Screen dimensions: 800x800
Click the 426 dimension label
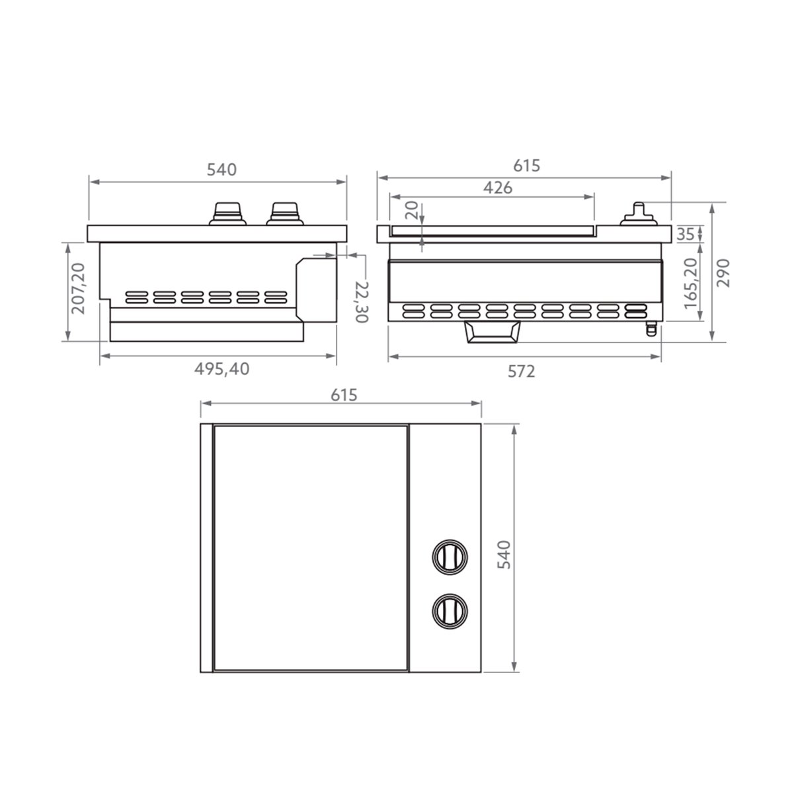click(497, 188)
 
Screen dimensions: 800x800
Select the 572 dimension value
click(522, 372)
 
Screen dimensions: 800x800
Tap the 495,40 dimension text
click(221, 369)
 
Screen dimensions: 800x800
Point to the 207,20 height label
click(77, 288)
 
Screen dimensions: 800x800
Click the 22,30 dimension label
click(362, 301)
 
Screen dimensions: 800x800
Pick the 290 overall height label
click(723, 273)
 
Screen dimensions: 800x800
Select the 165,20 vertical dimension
click(690, 283)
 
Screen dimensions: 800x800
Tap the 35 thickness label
click(686, 235)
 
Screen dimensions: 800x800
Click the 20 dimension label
click(412, 210)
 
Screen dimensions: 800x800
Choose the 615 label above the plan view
click(344, 395)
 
